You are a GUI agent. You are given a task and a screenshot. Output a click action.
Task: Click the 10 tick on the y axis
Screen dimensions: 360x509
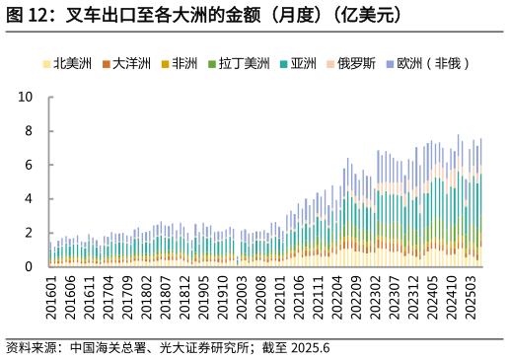(x=27, y=98)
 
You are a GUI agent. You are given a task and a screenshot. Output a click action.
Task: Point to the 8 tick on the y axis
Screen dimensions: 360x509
(x=30, y=131)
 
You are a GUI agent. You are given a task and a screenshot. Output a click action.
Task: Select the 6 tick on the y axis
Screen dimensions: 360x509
(x=30, y=165)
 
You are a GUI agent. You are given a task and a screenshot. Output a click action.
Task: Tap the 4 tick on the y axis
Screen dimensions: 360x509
(x=30, y=199)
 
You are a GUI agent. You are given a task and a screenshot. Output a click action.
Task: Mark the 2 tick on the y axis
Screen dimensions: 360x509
(x=30, y=233)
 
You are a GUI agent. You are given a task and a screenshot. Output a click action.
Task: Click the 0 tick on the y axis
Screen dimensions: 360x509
(x=30, y=266)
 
